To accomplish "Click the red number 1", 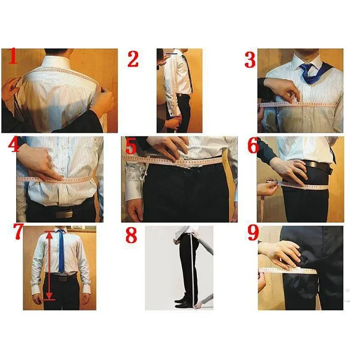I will pos(12,57).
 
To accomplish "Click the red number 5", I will pos(130,147).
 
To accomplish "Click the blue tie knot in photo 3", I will pos(306,68).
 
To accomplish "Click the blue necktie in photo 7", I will pos(61,252).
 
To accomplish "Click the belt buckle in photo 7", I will pos(62,279).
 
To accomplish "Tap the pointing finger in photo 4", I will pos(55,176).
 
